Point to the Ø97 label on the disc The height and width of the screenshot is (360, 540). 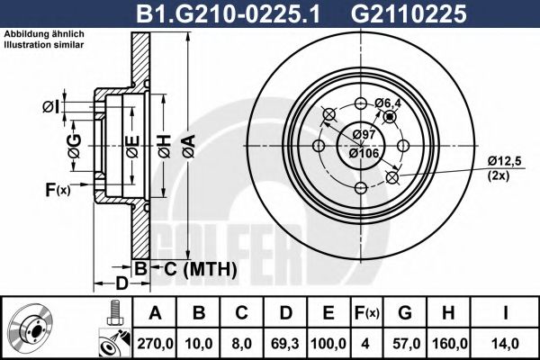click(x=364, y=135)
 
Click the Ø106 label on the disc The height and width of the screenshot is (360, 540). click(x=364, y=152)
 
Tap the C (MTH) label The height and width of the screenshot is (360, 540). click(x=193, y=268)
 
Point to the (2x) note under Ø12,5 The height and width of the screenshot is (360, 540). click(x=499, y=176)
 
